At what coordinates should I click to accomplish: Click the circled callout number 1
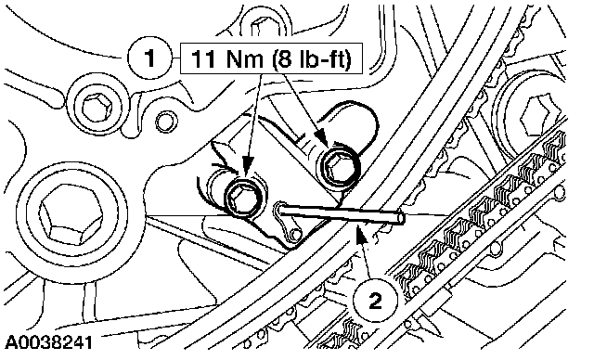150,58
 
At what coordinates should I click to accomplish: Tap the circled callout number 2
375,301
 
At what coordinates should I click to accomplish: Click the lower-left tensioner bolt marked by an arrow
244,198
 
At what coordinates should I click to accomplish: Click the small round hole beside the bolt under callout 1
165,122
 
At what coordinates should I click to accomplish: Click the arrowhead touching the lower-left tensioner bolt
247,167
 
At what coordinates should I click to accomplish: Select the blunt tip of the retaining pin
401,218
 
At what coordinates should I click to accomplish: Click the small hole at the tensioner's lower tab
295,235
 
